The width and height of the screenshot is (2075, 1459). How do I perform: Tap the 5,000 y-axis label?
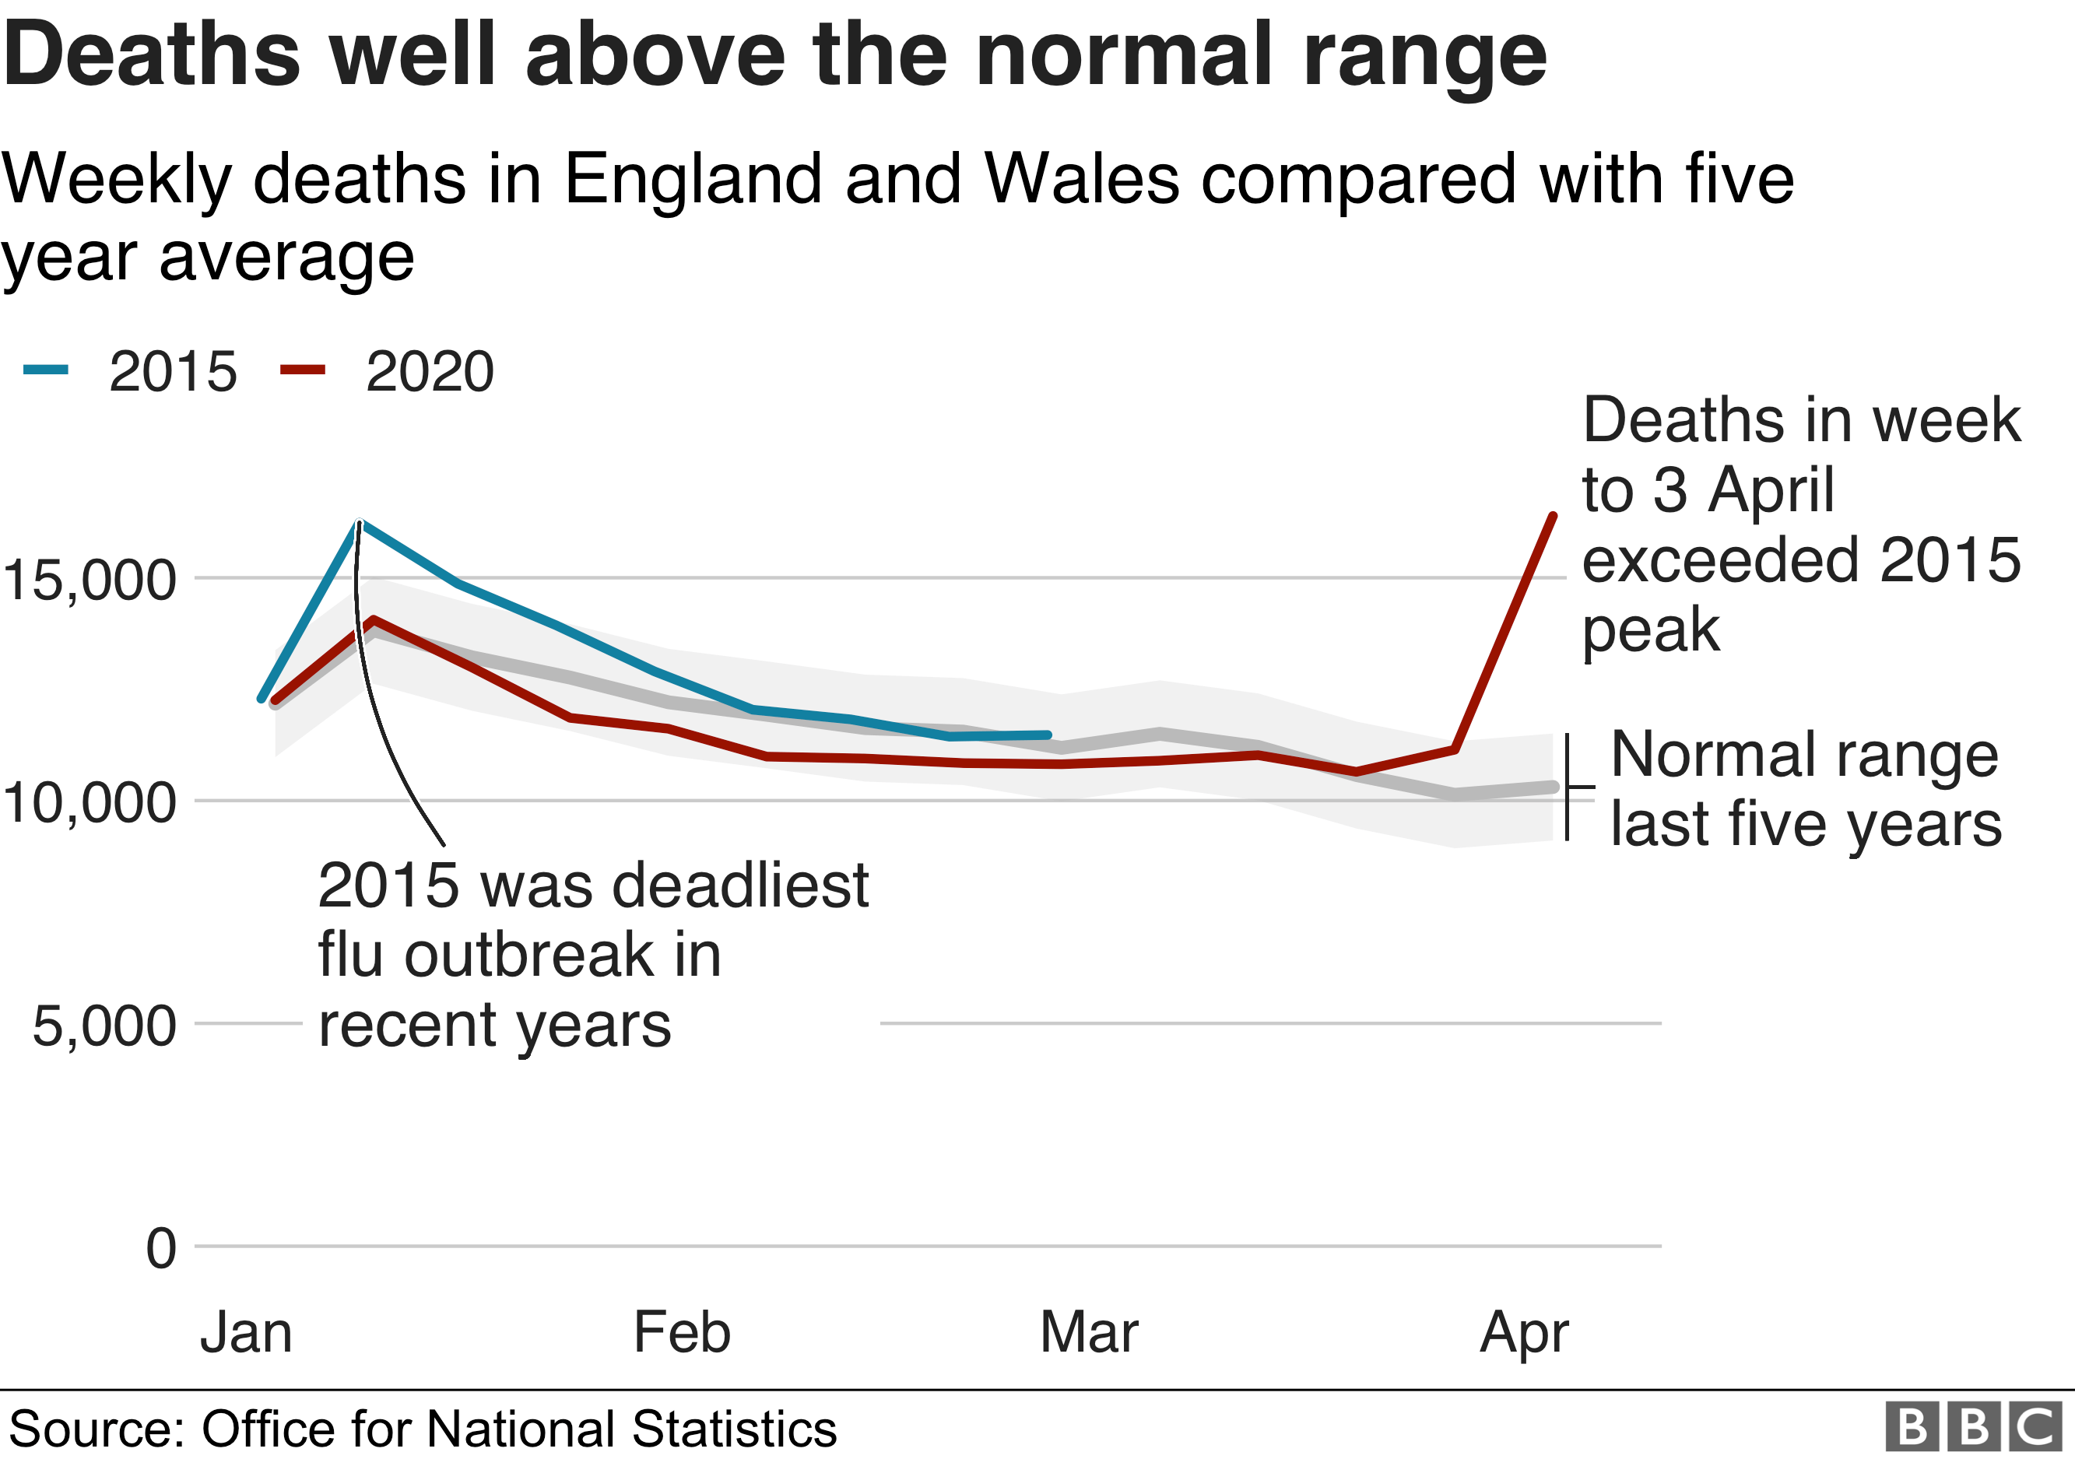104,1026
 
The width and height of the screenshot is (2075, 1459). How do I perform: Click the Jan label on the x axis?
246,1332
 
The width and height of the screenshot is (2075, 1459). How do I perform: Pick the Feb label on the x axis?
682,1332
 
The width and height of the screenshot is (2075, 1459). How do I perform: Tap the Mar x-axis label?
1088,1332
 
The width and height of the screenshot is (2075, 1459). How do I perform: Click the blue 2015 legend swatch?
45,369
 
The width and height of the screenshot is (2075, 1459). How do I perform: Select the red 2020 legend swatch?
303,369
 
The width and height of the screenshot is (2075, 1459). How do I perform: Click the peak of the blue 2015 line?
360,523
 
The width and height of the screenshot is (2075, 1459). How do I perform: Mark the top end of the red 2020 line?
1554,515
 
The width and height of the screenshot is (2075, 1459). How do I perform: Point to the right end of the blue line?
1048,735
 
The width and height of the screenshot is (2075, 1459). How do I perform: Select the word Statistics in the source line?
734,1429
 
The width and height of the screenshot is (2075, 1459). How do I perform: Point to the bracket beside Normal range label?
1569,787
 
